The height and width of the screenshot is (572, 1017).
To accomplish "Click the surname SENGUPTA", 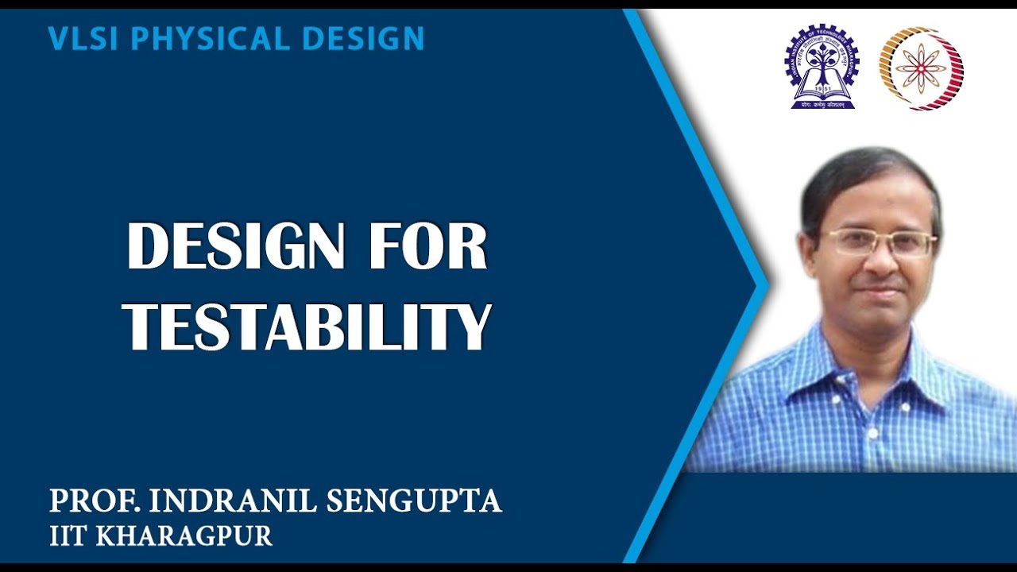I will pos(412,500).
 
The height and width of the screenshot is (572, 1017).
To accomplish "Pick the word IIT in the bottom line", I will pos(69,535).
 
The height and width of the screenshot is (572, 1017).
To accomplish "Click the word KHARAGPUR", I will pos(184,535).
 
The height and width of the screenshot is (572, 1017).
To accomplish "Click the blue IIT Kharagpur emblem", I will pos(822,67).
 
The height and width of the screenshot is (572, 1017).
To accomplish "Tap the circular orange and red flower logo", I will pos(921,68).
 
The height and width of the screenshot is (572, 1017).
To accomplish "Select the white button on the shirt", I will pos(872,435).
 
